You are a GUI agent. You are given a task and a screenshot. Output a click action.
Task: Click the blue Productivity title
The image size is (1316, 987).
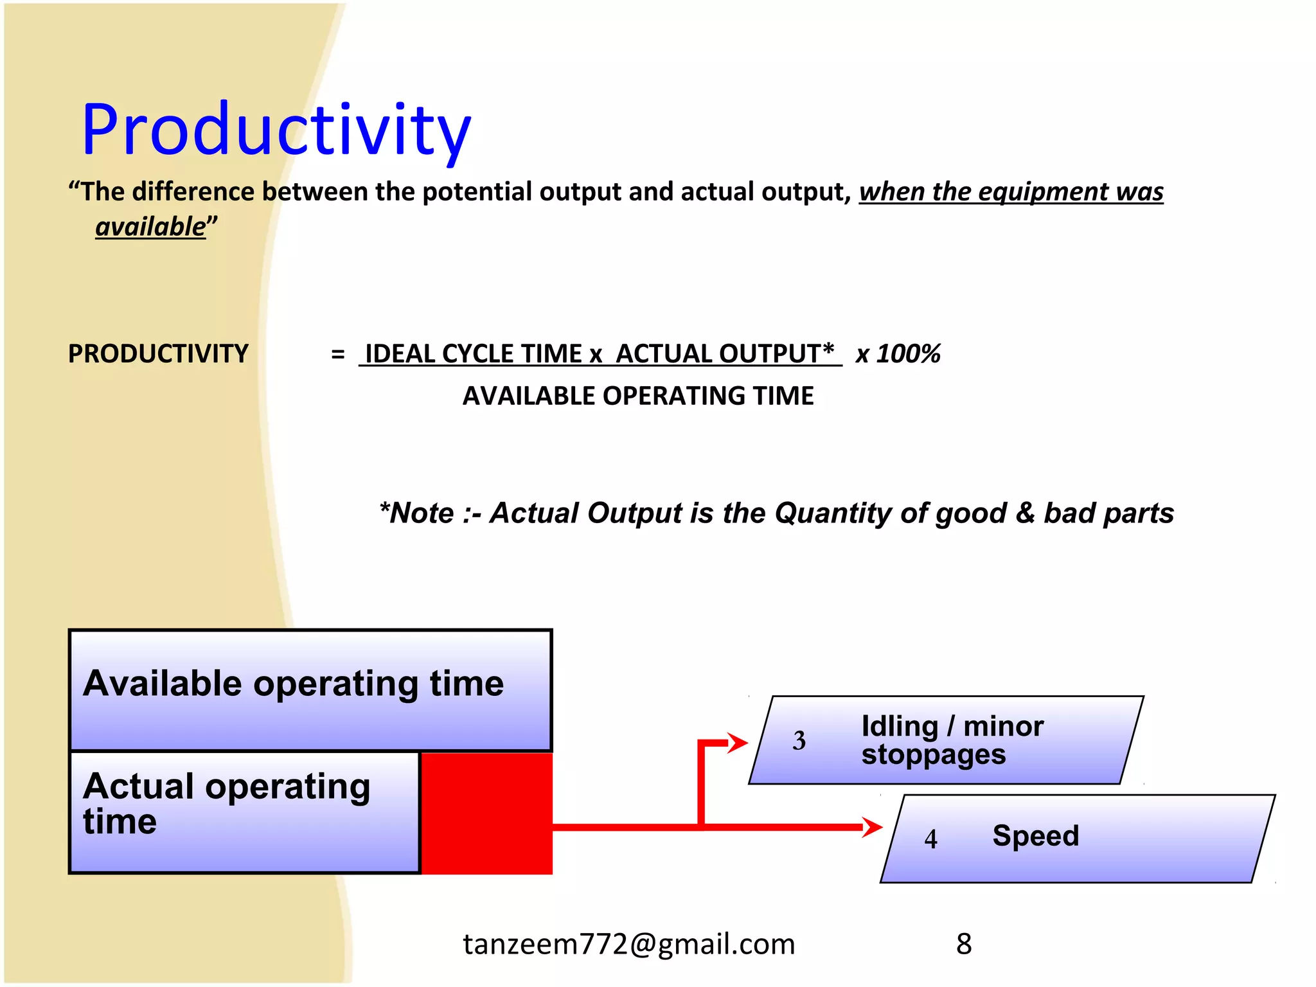coord(276,130)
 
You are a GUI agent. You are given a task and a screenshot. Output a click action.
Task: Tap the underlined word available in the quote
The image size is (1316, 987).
coord(150,227)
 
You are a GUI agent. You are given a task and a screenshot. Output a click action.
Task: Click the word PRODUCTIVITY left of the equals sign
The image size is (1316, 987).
coord(158,354)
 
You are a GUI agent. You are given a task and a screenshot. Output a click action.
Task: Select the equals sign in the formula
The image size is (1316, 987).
coord(338,354)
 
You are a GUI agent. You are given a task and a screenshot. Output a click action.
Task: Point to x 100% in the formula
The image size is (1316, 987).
coord(898,354)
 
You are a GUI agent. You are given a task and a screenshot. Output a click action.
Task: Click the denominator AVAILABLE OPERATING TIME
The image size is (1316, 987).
coord(638,396)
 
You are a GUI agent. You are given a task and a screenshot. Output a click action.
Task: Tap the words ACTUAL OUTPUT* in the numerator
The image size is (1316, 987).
coord(725,354)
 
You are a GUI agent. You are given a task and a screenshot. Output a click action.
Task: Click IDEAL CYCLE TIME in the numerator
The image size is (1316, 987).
coord(474,354)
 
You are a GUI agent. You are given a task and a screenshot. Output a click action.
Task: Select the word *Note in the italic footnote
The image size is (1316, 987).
coord(417,513)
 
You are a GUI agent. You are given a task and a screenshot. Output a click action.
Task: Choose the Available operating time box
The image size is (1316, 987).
coord(310,690)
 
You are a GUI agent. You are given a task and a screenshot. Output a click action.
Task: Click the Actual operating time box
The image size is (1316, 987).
coord(244,812)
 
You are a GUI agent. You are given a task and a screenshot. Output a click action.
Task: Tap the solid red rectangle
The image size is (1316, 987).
coord(486,813)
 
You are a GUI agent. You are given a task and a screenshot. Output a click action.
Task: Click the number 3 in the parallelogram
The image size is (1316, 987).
coord(799,741)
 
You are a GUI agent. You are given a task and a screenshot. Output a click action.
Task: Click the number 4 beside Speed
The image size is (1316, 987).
coord(930,839)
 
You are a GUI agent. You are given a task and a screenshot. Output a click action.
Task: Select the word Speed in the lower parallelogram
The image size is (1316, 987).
coord(1035,836)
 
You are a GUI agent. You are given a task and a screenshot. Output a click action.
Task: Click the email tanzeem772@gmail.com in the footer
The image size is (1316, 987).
coord(629,944)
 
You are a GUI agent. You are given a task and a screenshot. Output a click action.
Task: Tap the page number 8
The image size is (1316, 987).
coord(963,944)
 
